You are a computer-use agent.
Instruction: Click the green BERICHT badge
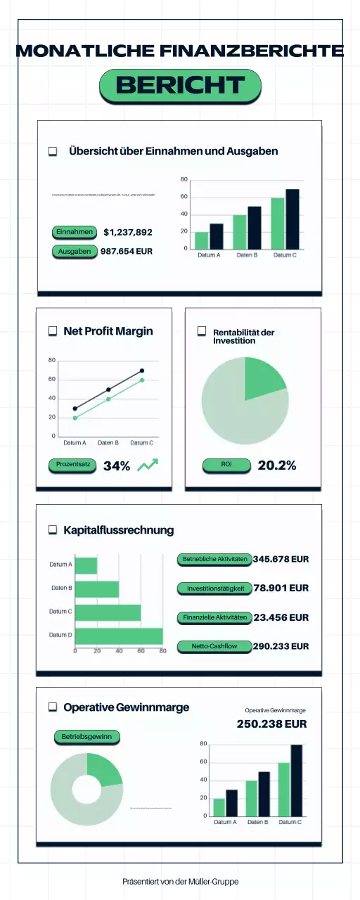tap(180, 85)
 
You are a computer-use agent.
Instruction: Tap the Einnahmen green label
tap(74, 232)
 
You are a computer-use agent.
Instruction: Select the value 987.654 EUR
tap(127, 251)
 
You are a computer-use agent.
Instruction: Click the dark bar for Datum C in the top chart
tap(292, 219)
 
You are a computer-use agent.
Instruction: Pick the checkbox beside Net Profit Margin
tap(52, 331)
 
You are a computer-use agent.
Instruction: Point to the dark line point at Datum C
tap(142, 371)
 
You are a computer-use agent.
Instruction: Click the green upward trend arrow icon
tap(148, 465)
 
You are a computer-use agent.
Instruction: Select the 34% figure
tap(117, 465)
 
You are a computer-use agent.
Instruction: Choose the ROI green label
tap(226, 465)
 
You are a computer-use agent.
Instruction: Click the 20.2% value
tap(277, 465)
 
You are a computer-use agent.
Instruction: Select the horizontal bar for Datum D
tap(119, 636)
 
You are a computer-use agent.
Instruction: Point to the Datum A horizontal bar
tap(86, 565)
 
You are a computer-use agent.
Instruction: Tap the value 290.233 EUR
tap(281, 646)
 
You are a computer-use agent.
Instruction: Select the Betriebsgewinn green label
tap(86, 737)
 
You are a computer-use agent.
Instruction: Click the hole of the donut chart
tap(86, 790)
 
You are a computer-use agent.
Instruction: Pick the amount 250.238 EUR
tap(271, 724)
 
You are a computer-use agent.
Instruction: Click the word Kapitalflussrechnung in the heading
tap(118, 530)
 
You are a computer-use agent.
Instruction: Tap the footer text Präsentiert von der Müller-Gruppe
tap(180, 881)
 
